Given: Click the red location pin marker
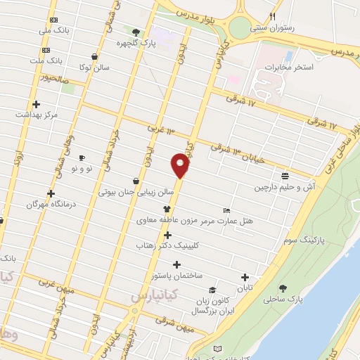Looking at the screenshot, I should coord(180,165).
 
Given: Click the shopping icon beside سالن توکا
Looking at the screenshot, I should coord(95,57).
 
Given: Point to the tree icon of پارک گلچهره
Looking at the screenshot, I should coord(136,32).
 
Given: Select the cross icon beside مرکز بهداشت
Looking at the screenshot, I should coord(36,104).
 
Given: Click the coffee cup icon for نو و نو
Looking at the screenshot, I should coord(82,157).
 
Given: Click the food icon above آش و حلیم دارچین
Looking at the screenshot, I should coord(284,176).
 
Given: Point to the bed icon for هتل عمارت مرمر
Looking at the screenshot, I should coord(226,210).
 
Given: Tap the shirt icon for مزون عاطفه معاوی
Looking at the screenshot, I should coord(167,208).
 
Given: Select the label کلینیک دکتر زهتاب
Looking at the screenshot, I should coord(167,247).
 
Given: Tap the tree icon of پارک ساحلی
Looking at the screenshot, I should coord(283,288).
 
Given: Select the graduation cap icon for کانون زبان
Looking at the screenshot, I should coord(212,290).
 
